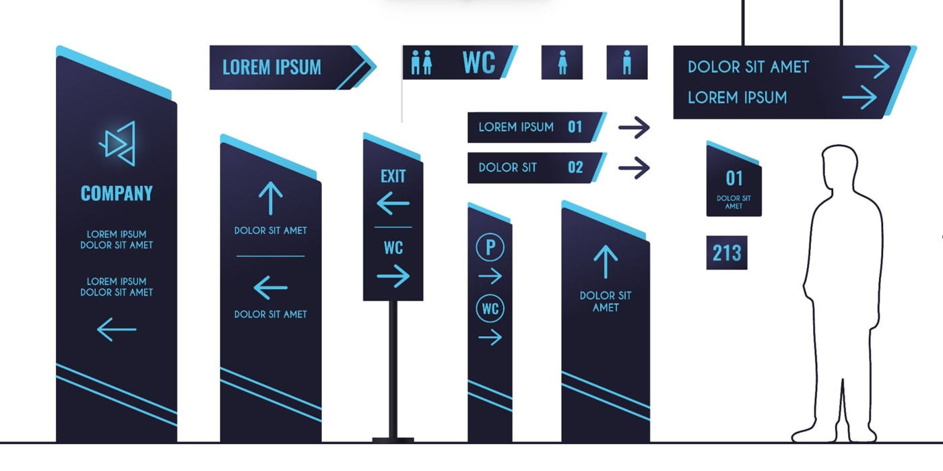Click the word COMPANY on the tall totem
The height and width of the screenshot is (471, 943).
(117, 193)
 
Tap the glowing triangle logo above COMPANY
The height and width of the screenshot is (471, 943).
(118, 144)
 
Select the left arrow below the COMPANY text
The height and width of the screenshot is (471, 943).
(117, 329)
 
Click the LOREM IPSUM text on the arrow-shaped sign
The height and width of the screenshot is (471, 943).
(271, 67)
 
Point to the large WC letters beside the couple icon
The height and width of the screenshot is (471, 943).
(479, 63)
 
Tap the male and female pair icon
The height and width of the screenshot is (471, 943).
(422, 63)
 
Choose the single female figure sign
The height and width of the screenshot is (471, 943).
(562, 63)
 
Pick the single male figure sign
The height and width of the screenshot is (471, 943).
(627, 63)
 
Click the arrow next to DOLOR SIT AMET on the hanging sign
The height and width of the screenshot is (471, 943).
(872, 66)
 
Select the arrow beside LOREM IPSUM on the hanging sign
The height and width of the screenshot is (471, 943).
(859, 97)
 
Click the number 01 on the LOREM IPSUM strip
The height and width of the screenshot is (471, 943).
(575, 127)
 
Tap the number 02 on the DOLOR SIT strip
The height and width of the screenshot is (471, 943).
(575, 167)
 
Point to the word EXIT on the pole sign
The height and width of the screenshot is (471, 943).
(393, 176)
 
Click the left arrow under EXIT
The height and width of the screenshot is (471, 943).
(393, 203)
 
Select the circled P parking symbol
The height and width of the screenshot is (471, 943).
(490, 247)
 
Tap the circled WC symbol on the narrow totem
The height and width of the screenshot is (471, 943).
(490, 309)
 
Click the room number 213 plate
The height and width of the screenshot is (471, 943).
(727, 253)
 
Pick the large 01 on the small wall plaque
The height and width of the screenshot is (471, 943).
(734, 179)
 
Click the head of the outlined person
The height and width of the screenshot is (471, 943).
(839, 166)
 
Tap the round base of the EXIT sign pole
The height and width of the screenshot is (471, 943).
(393, 440)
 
